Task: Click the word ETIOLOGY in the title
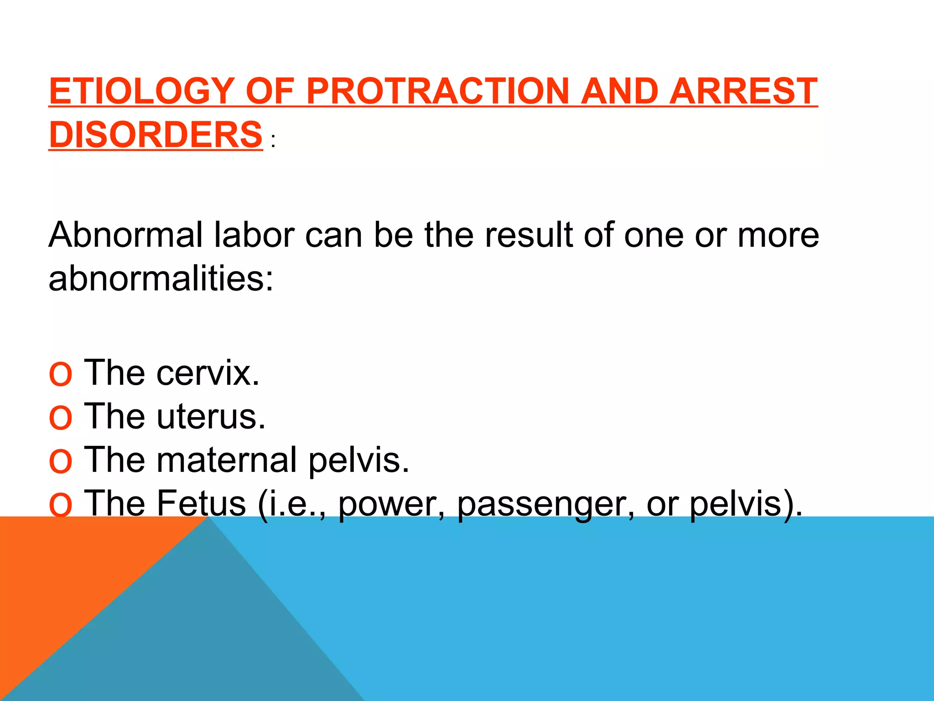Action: (x=141, y=91)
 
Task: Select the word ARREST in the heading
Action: (x=743, y=91)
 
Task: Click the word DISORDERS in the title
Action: (x=156, y=135)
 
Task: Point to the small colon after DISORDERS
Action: (x=273, y=141)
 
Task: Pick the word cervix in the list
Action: (x=208, y=373)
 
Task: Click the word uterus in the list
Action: (x=211, y=416)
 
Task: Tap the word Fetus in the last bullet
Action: (x=201, y=503)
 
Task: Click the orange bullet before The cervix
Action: (x=60, y=374)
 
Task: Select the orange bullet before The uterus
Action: (x=60, y=418)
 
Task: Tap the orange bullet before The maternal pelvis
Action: (x=60, y=461)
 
